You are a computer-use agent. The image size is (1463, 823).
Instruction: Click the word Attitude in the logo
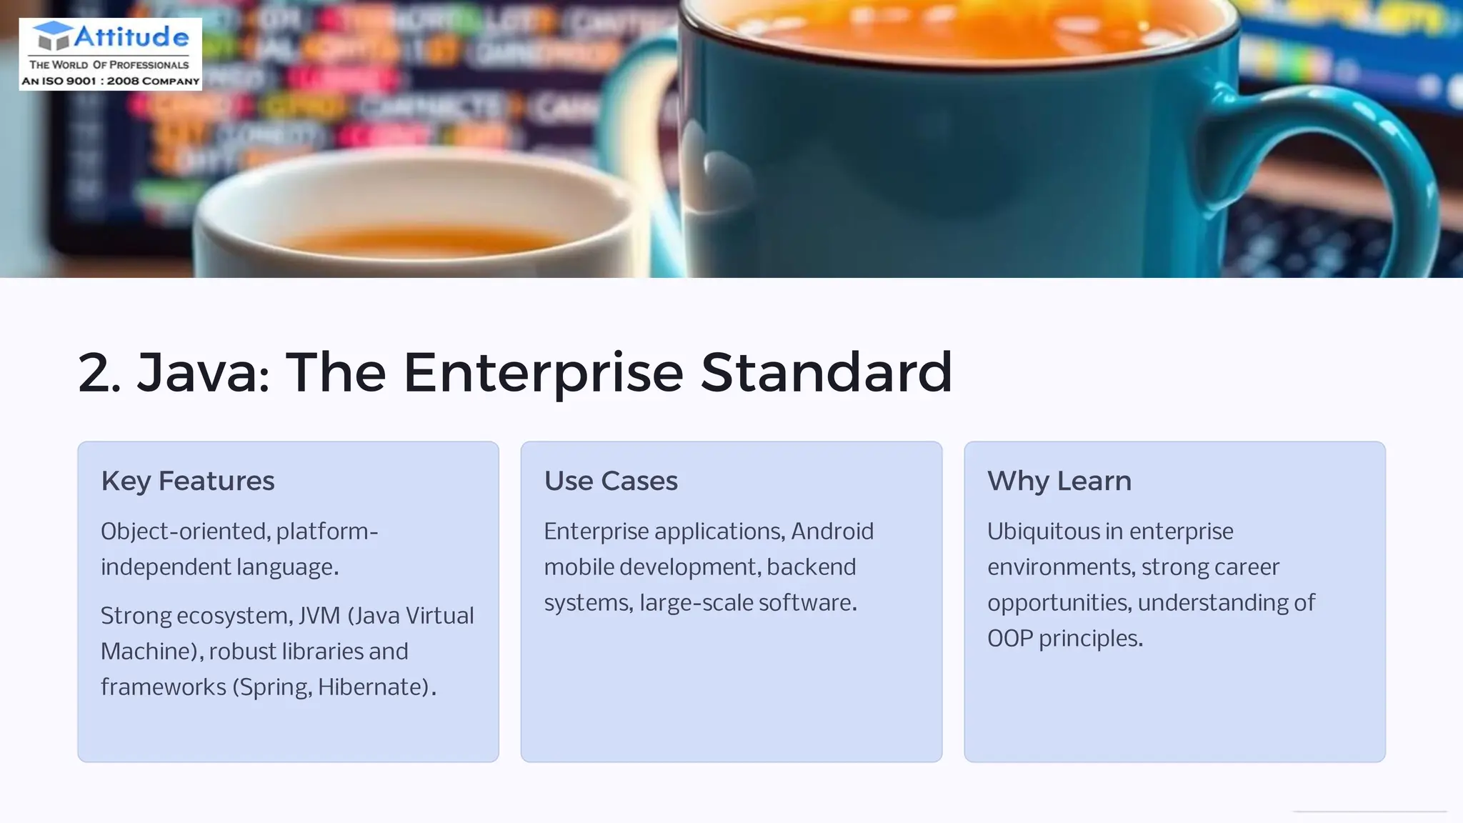131,37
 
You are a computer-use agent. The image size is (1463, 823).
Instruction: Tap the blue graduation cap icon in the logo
53,36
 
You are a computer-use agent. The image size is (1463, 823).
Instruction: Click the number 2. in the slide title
99,373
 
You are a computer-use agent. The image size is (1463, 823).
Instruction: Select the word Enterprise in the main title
543,373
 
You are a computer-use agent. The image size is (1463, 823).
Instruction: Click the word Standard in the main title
826,373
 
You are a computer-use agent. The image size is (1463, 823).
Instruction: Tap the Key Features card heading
187,482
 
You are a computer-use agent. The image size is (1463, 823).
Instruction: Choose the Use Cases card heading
611,482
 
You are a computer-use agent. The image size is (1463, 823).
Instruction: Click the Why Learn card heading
1059,482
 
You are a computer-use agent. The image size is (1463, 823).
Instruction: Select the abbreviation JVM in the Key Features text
319,616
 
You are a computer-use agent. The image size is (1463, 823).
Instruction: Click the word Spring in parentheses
275,687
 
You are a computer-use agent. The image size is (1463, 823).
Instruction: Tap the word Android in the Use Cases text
832,532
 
